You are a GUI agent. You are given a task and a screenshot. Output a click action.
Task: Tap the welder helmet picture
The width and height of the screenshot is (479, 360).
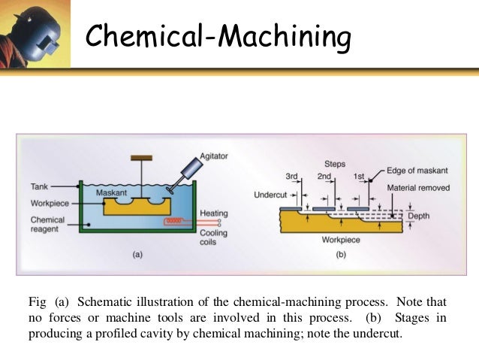coord(35,35)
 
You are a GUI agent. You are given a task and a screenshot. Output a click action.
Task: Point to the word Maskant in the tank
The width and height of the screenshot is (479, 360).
coord(112,193)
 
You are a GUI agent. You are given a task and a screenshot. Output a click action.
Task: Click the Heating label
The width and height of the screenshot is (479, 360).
coord(214,213)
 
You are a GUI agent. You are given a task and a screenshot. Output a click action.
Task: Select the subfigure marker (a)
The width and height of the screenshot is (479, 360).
coord(137,255)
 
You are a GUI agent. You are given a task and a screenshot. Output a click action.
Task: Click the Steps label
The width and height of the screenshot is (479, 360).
coord(335,163)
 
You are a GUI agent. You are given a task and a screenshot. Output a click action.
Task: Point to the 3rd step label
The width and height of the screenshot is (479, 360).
coord(293,176)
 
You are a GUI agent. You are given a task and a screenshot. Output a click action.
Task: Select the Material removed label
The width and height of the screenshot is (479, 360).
coord(418,186)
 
